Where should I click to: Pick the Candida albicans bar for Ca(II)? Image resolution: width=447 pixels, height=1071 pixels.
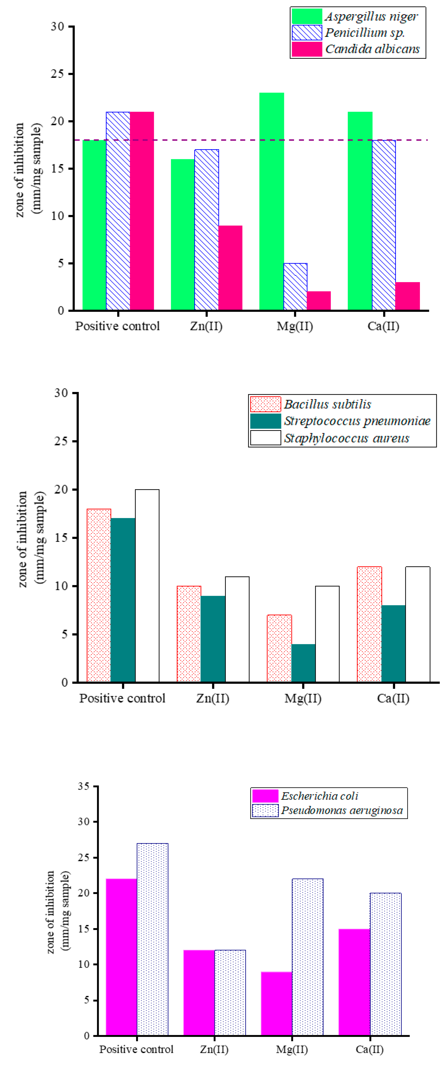click(407, 296)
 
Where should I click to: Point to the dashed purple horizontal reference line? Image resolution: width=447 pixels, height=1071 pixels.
click(249, 140)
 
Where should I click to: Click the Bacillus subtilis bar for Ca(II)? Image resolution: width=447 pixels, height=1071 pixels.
click(369, 624)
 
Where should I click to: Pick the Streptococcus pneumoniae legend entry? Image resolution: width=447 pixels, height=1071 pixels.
click(341, 421)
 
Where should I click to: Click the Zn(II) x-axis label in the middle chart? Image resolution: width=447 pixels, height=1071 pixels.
click(213, 698)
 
